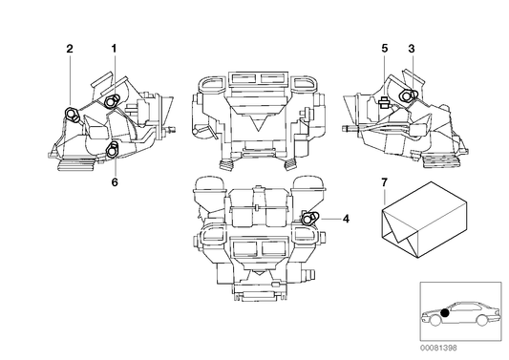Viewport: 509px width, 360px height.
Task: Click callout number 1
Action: (x=114, y=48)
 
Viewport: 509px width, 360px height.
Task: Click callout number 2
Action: (x=69, y=48)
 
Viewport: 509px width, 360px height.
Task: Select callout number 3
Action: (x=412, y=48)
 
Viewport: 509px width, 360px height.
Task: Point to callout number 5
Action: (x=383, y=48)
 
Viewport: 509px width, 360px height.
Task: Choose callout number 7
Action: (x=384, y=180)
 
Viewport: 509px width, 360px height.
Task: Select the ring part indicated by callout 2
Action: (x=72, y=116)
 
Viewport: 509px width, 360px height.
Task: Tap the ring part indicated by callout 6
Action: (x=113, y=147)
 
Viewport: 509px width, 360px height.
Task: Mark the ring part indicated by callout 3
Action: (x=408, y=95)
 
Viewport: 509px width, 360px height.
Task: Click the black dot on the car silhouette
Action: (x=445, y=311)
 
